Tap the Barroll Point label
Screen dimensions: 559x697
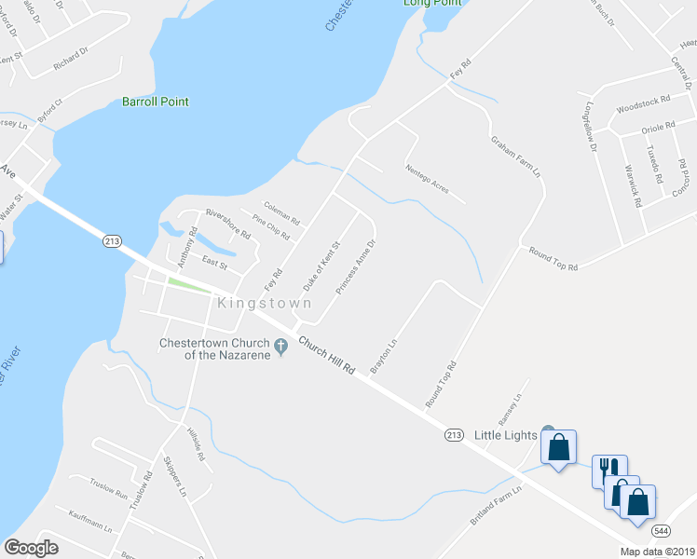(x=156, y=102)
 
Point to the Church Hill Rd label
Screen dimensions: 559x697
(x=327, y=356)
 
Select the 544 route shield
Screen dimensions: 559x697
(x=661, y=530)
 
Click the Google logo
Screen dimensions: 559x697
(x=31, y=548)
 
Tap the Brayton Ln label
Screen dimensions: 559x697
(x=384, y=357)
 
